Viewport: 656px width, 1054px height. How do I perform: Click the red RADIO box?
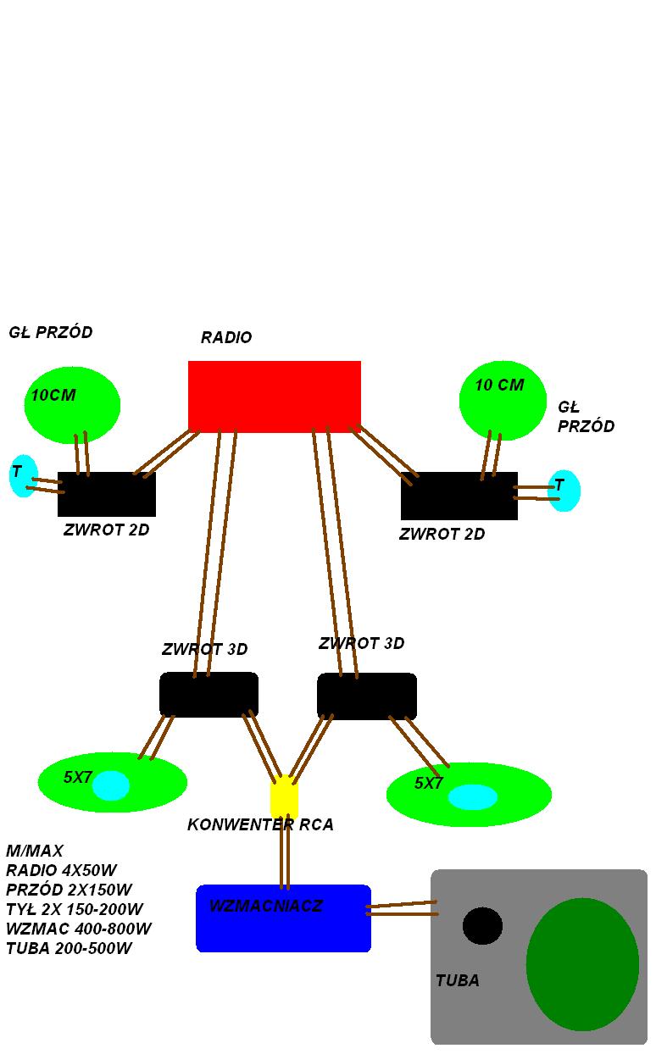coord(275,397)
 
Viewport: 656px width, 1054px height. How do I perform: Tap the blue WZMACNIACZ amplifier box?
coord(283,918)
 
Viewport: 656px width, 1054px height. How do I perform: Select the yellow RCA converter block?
coord(284,796)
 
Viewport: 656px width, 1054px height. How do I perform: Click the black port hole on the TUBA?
coord(482,926)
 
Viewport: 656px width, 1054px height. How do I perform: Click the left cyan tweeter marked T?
coord(24,475)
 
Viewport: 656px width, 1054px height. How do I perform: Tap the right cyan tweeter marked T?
coord(564,491)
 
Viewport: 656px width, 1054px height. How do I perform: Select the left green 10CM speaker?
coord(72,405)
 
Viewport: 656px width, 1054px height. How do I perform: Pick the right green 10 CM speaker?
coord(503,401)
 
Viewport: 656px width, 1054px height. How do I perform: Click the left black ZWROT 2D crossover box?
coord(107,494)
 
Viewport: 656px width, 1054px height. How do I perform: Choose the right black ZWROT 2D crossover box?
coord(459,496)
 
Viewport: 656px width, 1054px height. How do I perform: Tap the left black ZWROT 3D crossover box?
coord(209,695)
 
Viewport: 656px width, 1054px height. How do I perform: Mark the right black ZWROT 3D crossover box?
coord(367,696)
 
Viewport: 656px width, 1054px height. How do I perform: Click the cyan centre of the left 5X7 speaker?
coord(110,785)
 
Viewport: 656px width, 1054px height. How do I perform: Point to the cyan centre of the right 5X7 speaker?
coord(472,797)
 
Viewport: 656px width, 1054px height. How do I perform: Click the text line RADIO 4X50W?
coord(61,870)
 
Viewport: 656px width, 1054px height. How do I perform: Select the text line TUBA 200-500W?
coord(69,948)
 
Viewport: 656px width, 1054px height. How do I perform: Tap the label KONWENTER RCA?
coord(261,824)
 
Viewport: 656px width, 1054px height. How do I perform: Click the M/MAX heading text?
coord(35,851)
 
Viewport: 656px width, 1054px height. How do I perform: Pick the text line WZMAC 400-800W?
coord(79,929)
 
